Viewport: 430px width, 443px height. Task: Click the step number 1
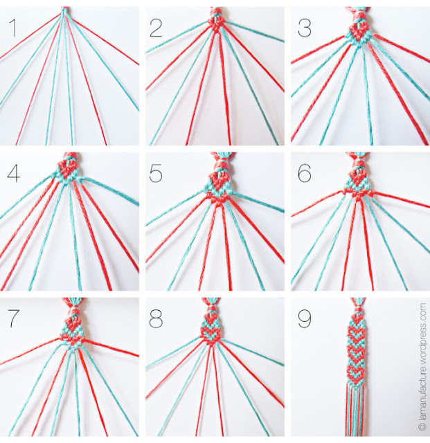pyautogui.click(x=12, y=28)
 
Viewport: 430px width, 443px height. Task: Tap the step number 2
pyautogui.click(x=156, y=28)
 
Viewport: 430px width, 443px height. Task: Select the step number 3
pyautogui.click(x=305, y=28)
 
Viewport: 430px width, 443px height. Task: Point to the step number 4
pyautogui.click(x=14, y=174)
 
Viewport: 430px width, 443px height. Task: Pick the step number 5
pyautogui.click(x=156, y=174)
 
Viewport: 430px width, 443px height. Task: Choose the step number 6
pyautogui.click(x=305, y=174)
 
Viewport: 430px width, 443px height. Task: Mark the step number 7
pyautogui.click(x=14, y=318)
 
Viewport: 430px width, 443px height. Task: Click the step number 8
pyautogui.click(x=156, y=318)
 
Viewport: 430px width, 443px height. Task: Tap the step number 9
pyautogui.click(x=305, y=318)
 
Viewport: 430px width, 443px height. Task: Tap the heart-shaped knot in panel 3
pyautogui.click(x=358, y=33)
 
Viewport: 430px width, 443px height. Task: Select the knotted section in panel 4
pyautogui.click(x=67, y=170)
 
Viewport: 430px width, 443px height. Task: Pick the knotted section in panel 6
pyautogui.click(x=358, y=181)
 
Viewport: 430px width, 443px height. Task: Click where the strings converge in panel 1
pyautogui.click(x=64, y=11)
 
